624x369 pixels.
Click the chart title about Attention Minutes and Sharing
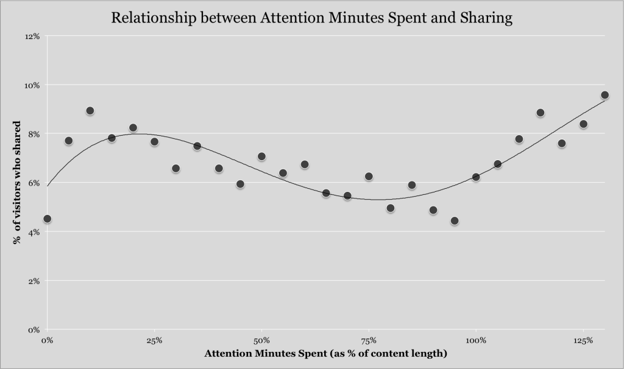[311, 18]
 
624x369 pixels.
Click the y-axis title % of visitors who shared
[18, 183]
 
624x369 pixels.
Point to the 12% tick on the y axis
[32, 36]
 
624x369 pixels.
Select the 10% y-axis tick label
[32, 85]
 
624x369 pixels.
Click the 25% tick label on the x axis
[154, 340]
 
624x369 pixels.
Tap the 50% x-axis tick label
[261, 340]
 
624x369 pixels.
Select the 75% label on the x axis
[369, 340]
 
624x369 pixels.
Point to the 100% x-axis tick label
[476, 340]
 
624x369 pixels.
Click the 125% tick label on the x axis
[583, 340]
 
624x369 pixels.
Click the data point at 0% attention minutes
[47, 219]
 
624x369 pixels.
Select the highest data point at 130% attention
[604, 95]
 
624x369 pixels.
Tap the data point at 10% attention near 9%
[90, 111]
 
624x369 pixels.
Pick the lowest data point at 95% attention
[455, 221]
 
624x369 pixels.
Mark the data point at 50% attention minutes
[261, 156]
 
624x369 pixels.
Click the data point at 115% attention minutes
[540, 113]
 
